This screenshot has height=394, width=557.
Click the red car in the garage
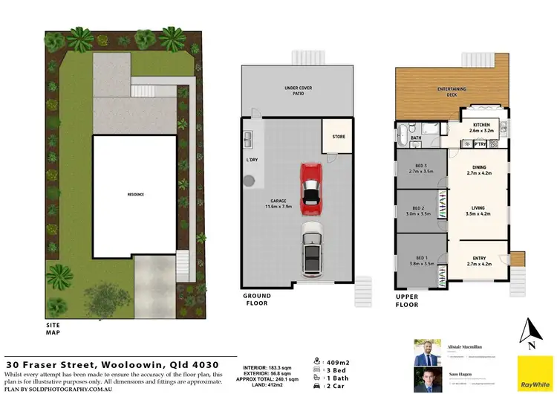point(310,186)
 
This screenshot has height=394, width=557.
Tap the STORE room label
point(339,137)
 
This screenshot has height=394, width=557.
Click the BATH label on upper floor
point(416,138)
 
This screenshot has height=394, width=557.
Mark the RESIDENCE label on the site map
point(135,195)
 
